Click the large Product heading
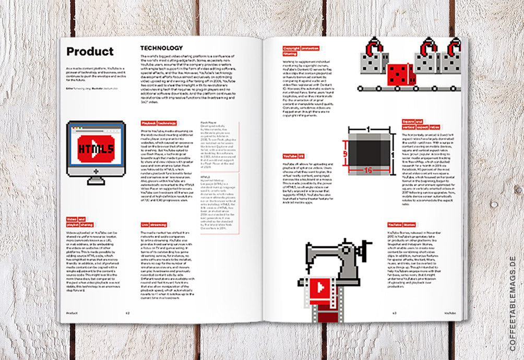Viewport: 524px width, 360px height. coord(90,52)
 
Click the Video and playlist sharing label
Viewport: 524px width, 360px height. coord(79,223)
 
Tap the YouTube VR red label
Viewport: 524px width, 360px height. coord(294,156)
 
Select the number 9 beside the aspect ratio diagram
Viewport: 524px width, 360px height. coord(345,154)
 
